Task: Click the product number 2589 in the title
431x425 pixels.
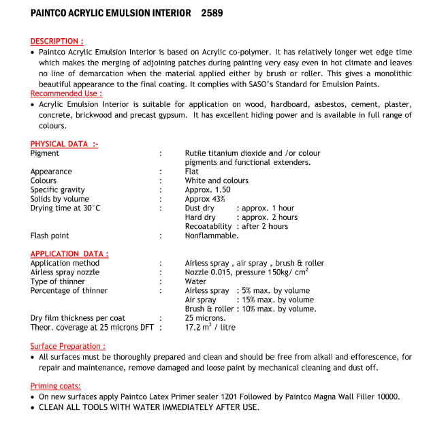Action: click(212, 13)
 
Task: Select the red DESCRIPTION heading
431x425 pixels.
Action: click(57, 42)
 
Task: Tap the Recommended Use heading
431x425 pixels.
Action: click(66, 93)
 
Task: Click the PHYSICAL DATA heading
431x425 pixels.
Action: click(64, 144)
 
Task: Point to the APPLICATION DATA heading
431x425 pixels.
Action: click(69, 254)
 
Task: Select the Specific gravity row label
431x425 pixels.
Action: click(58, 190)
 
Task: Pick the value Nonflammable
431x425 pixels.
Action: click(212, 236)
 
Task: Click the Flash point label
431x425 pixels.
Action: click(50, 236)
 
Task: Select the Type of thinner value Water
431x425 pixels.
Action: click(196, 281)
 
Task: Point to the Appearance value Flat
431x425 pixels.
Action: click(192, 172)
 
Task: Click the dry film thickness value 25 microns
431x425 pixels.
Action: click(205, 318)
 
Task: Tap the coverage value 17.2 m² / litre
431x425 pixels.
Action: click(210, 328)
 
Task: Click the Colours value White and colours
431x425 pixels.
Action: click(217, 180)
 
